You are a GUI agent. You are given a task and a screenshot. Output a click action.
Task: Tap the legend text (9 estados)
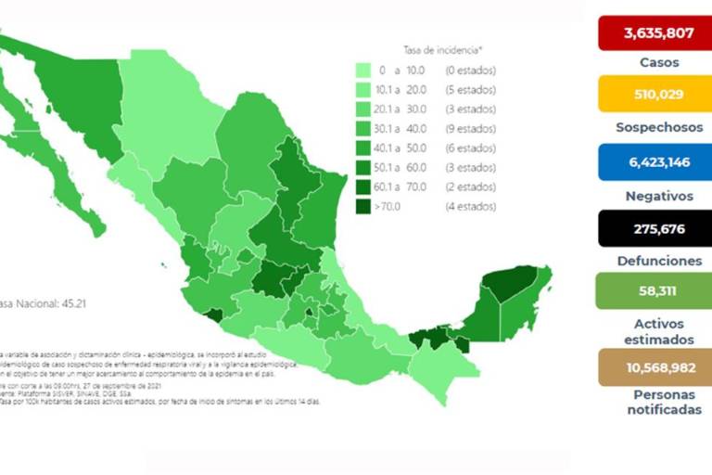tap(470, 129)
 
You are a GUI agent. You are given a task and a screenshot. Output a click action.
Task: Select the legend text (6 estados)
tap(470, 148)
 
